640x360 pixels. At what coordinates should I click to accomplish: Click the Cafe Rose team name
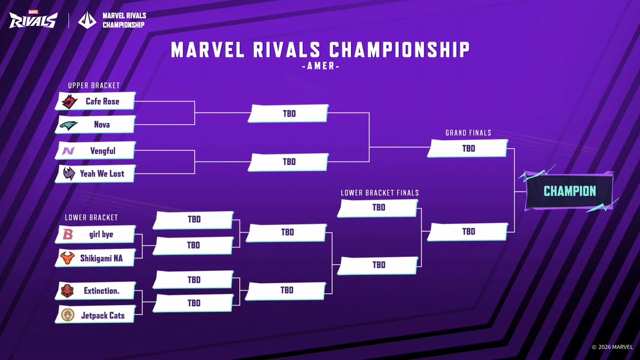102,101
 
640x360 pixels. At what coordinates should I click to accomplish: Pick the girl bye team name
101,235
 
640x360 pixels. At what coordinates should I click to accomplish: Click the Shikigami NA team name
101,258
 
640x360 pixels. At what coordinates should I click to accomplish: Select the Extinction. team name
101,291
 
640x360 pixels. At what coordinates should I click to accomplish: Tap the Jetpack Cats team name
102,315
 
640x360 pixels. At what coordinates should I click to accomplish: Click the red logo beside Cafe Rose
69,101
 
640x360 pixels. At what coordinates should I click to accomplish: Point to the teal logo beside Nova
69,125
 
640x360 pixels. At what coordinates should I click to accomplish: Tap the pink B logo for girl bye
68,235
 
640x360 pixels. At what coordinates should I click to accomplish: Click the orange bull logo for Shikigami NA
68,258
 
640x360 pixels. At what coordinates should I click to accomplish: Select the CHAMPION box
570,191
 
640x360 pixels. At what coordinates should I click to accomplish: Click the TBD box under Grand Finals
468,149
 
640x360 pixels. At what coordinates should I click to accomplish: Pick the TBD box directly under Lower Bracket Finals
378,208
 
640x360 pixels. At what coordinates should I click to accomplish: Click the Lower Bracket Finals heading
380,193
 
